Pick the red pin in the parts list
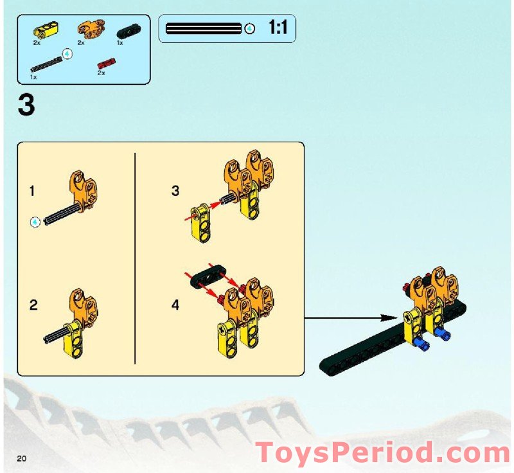tap(105, 63)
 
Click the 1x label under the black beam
tap(120, 43)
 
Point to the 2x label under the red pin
tap(101, 73)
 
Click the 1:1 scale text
tap(278, 28)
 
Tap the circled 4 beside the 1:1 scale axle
tap(250, 28)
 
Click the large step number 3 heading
tap(26, 105)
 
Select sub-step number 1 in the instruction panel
tap(32, 191)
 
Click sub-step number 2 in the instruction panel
tap(33, 305)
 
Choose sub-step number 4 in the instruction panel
tap(175, 305)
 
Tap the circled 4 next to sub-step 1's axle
tap(35, 222)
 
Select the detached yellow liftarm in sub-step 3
tap(200, 222)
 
